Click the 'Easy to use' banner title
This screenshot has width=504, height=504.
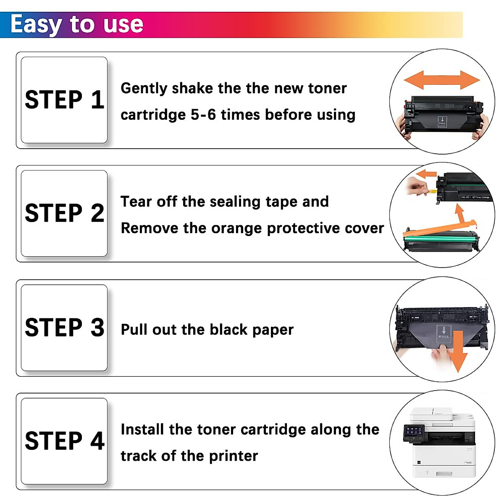77,24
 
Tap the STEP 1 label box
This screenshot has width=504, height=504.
64,100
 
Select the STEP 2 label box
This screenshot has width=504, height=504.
64,213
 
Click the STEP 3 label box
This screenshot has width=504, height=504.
64,328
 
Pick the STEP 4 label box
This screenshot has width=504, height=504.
64,441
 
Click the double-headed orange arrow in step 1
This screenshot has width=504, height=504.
441,79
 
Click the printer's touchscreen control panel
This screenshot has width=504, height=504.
414,432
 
